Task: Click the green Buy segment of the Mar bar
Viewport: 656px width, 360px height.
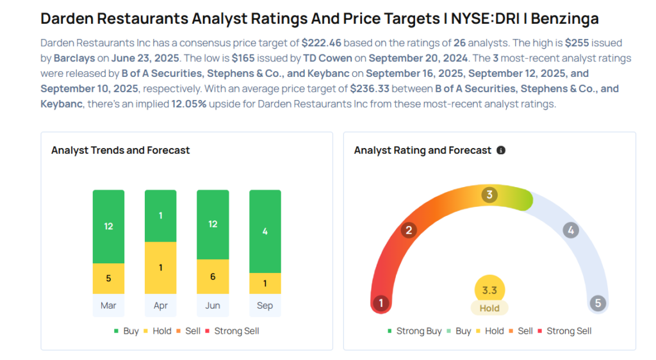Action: click(x=108, y=226)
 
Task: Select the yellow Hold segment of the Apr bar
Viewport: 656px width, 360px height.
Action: click(x=161, y=268)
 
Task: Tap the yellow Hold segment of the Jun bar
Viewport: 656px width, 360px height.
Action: click(x=213, y=277)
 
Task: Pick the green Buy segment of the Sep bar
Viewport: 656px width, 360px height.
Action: click(x=265, y=231)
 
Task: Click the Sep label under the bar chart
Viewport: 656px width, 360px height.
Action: click(x=265, y=306)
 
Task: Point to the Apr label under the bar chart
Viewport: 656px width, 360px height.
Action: click(x=161, y=306)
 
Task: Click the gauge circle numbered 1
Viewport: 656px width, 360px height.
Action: click(x=381, y=303)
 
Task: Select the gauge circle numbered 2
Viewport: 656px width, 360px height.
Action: click(x=409, y=231)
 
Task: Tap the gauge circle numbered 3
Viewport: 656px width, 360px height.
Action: click(x=489, y=195)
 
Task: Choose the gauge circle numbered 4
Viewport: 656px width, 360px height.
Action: click(x=570, y=231)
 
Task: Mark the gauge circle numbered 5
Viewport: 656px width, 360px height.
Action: click(x=598, y=303)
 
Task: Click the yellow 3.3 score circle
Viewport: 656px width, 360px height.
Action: click(x=489, y=290)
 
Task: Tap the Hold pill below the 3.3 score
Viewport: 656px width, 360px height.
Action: click(x=489, y=308)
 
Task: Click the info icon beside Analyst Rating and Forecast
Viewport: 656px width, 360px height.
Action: click(x=501, y=151)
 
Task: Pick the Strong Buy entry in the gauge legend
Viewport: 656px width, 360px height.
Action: click(x=414, y=331)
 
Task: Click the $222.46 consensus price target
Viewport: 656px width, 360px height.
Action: click(x=322, y=44)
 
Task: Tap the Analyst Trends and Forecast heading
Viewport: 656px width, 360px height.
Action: click(x=120, y=151)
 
